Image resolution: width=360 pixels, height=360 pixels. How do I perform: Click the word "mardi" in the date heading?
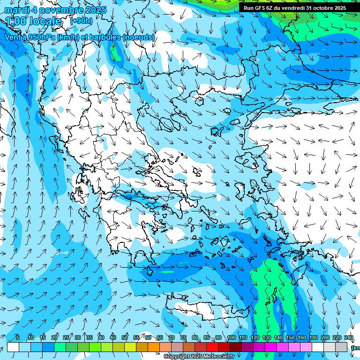(x=17, y=10)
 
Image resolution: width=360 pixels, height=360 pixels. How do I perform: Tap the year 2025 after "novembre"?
(x=93, y=10)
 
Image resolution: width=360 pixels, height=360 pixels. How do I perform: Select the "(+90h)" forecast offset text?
(x=81, y=21)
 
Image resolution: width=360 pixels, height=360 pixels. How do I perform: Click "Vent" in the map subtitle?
(x=13, y=37)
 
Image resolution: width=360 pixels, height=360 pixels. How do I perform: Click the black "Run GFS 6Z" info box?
(x=294, y=7)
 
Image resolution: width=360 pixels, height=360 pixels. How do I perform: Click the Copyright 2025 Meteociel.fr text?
(x=199, y=357)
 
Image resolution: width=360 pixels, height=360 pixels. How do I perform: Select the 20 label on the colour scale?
(x=54, y=337)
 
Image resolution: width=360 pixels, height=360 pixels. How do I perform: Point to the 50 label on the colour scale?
(x=125, y=337)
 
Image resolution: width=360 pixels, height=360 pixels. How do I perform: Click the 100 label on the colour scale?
(x=232, y=337)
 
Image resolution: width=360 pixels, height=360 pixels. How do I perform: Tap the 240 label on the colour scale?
(x=349, y=337)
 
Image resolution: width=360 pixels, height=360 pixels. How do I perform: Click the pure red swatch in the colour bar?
(x=212, y=347)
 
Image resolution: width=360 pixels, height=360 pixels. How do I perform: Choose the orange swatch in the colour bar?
(x=154, y=347)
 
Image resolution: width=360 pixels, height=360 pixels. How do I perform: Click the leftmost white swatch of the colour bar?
(x=13, y=347)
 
